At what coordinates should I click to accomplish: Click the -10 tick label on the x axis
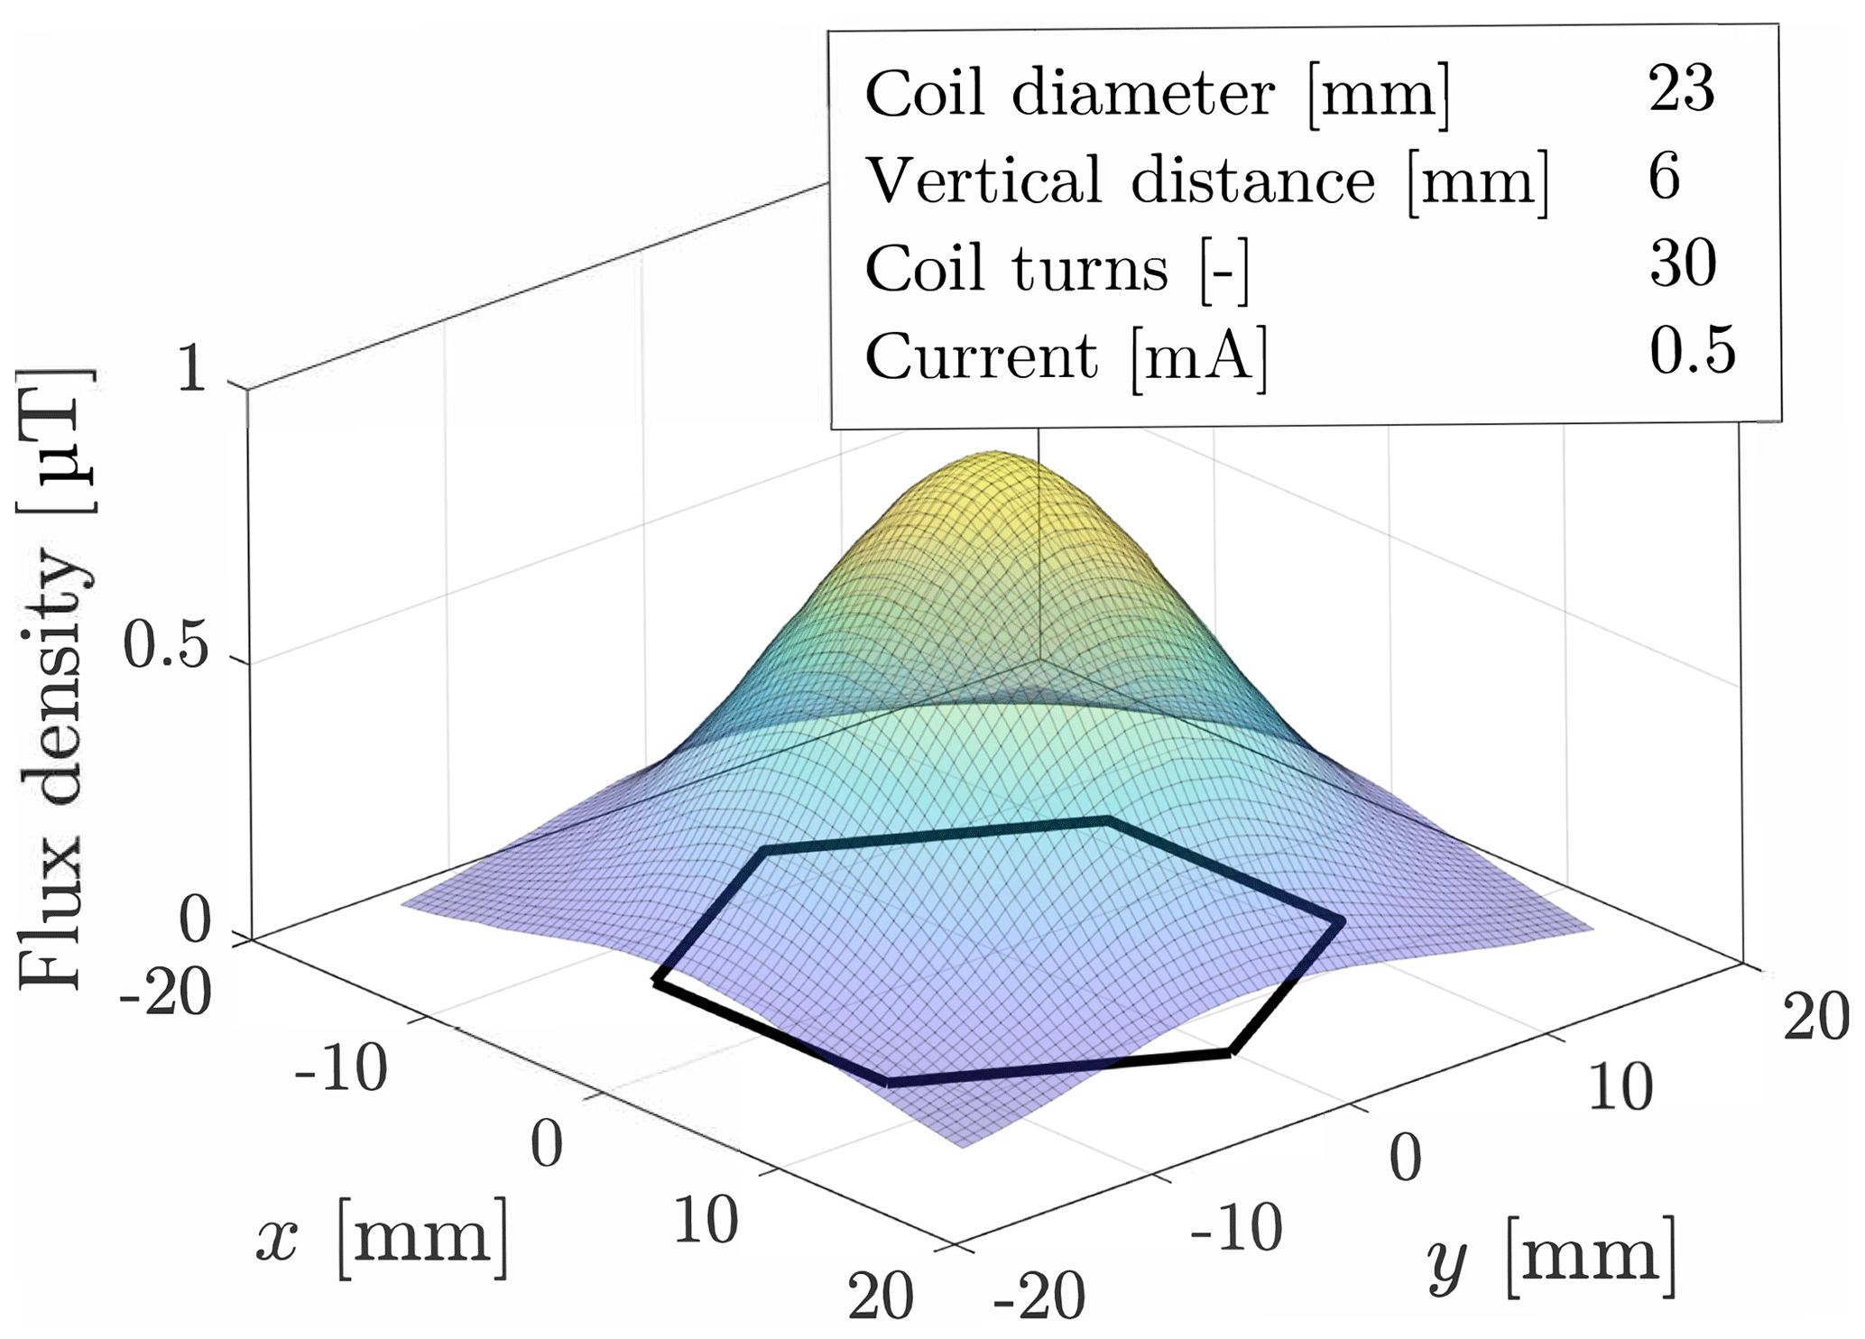[x=341, y=1070]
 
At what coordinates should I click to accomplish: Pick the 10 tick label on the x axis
[x=705, y=1222]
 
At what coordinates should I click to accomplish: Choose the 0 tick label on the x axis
[x=547, y=1144]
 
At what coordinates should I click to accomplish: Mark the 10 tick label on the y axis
[x=1620, y=1086]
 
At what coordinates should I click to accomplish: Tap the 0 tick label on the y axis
[x=1406, y=1158]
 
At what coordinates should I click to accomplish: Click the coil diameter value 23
[x=1681, y=89]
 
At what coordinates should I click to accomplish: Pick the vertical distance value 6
[x=1665, y=176]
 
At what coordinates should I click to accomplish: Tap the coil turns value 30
[x=1683, y=263]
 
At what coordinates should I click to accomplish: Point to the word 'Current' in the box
[x=982, y=356]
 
